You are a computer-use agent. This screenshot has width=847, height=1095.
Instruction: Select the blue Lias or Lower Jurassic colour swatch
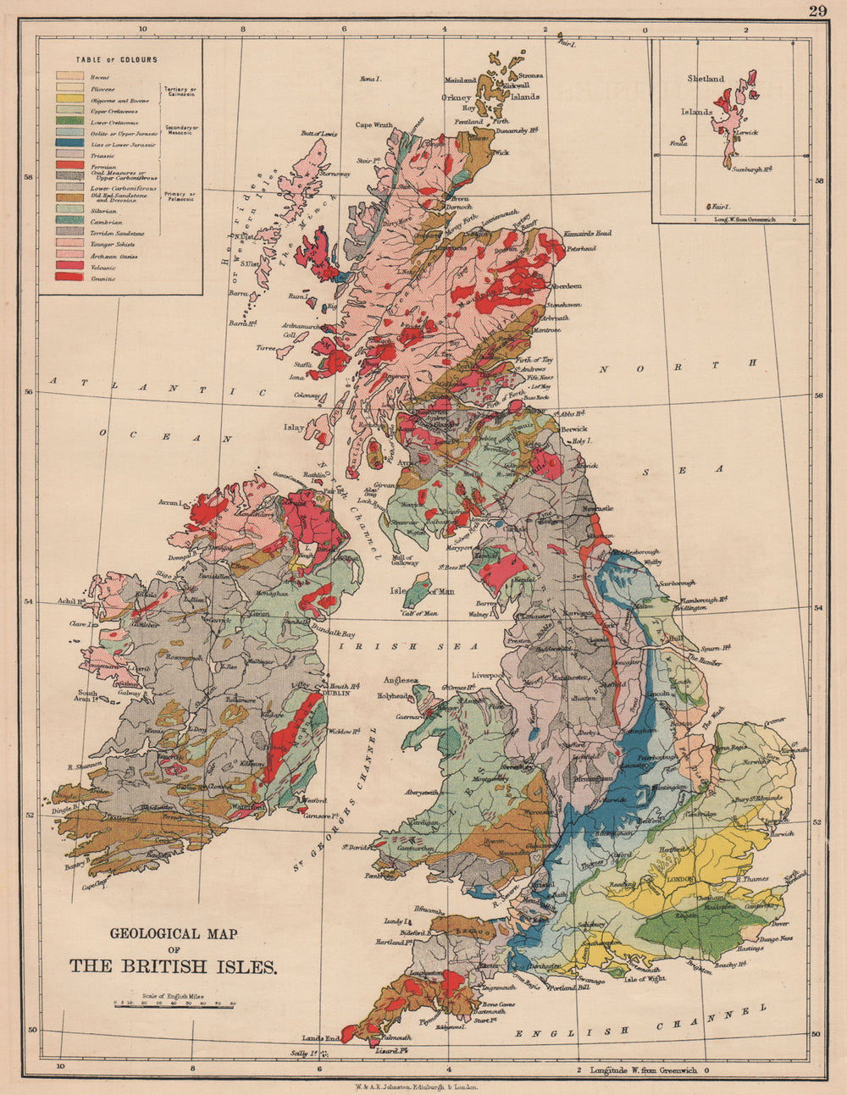click(69, 145)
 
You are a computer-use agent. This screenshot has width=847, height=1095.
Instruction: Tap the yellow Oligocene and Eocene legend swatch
click(69, 100)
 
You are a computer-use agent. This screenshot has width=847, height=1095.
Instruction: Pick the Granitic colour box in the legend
click(69, 278)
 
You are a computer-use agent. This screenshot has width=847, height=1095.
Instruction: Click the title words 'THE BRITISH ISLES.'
click(173, 965)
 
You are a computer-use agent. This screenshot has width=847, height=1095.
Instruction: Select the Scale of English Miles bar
click(174, 1004)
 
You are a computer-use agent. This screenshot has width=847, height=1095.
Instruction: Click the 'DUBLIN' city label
click(336, 692)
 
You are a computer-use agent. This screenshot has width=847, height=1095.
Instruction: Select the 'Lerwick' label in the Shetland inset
click(745, 133)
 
